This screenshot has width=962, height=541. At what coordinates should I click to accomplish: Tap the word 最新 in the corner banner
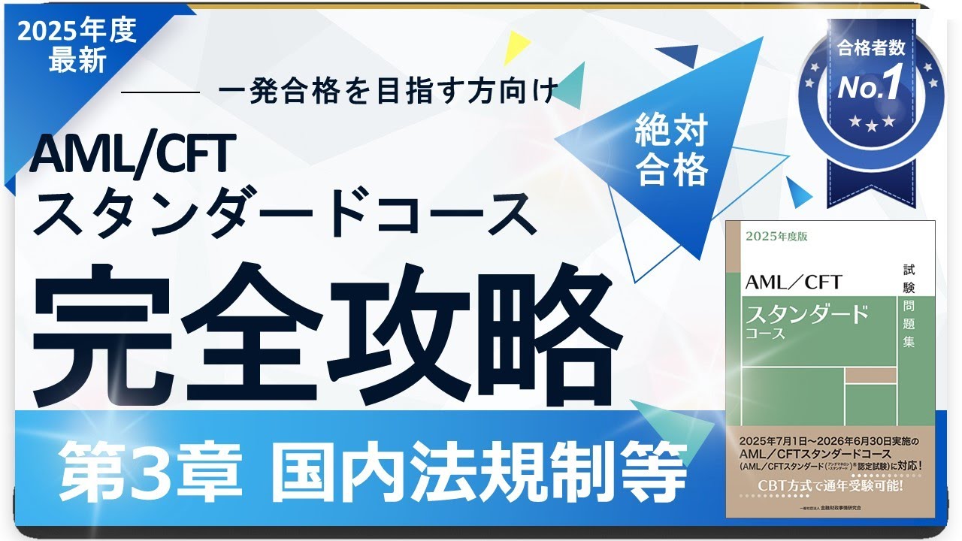[x=77, y=60]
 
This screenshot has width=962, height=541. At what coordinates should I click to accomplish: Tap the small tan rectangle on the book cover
[x=870, y=375]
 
